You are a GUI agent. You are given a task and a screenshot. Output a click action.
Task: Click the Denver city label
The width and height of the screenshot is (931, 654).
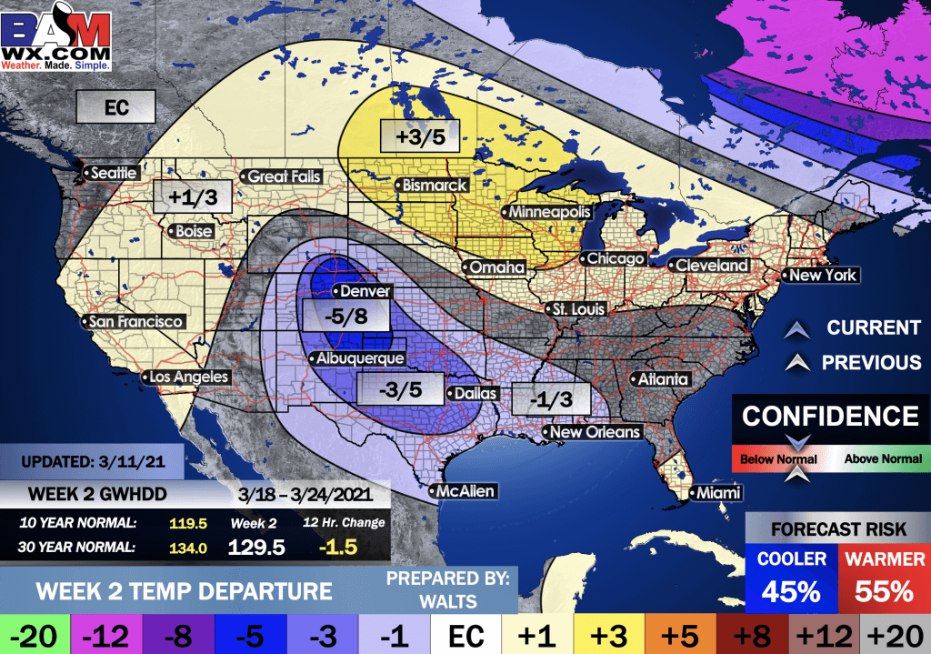tap(365, 292)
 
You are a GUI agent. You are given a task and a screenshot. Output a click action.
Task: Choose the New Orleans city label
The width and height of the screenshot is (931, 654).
tap(596, 432)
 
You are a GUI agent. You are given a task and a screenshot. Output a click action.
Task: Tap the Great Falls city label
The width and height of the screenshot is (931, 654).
tap(284, 176)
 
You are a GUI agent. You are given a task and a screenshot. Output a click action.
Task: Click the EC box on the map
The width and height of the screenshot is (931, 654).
tap(115, 108)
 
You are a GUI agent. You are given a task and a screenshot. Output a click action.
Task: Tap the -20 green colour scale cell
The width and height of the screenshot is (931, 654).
tap(35, 633)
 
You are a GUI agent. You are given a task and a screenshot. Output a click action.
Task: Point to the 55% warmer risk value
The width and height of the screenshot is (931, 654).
tap(882, 590)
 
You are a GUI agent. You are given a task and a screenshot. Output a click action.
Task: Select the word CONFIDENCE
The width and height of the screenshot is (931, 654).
tap(830, 417)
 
